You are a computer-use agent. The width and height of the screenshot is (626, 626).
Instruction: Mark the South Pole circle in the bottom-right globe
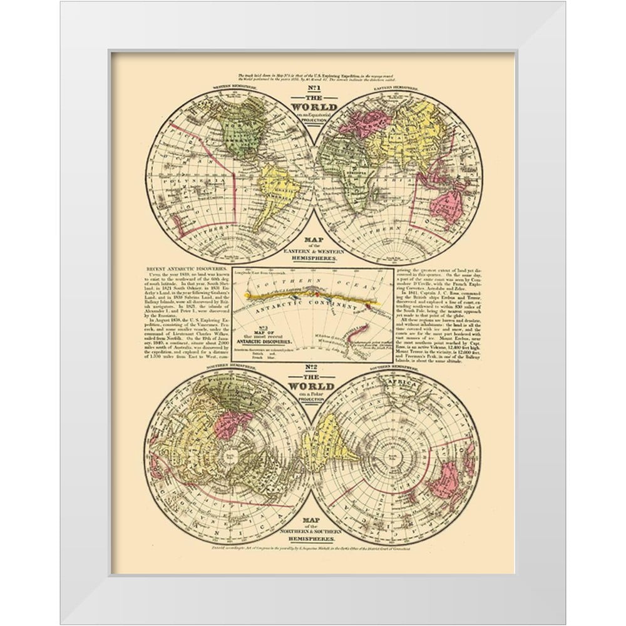pos(398,455)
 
